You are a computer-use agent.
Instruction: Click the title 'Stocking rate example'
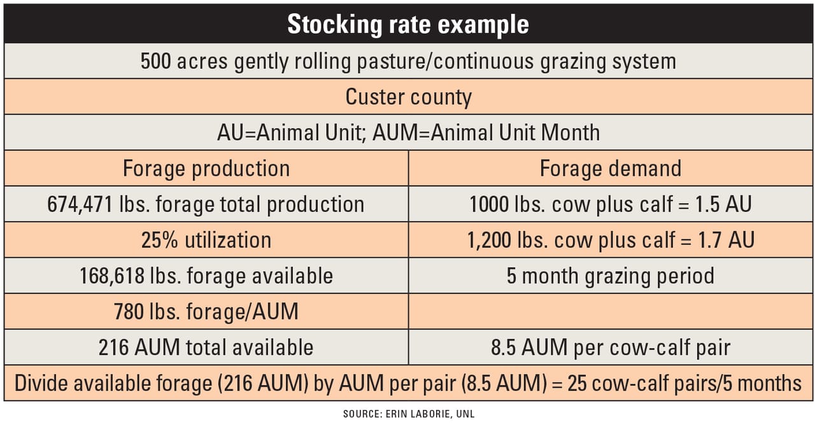[407, 24]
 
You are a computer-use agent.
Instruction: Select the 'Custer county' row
[408, 97]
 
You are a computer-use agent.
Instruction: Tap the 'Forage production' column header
[206, 169]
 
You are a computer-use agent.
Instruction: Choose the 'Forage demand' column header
[610, 169]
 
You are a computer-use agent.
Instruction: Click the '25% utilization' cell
[206, 240]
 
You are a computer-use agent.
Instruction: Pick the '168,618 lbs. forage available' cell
[206, 276]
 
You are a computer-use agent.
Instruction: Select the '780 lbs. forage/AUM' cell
[206, 311]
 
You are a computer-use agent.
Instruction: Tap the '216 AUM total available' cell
[206, 347]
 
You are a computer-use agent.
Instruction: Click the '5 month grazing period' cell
[610, 276]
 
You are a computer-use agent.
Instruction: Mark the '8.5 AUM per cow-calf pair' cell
[610, 347]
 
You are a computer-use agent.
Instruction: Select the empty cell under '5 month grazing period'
[610, 311]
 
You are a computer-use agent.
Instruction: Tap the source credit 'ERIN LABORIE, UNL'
[430, 414]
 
